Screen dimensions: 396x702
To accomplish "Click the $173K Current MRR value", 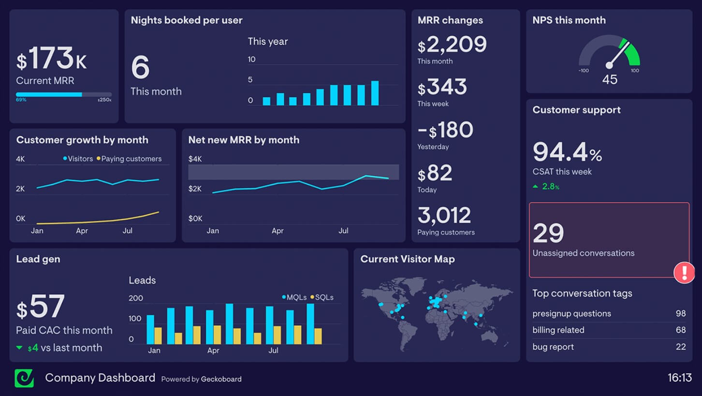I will point(52,59).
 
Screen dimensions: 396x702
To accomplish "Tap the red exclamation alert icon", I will point(684,273).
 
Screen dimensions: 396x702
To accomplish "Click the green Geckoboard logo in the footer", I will point(24,378).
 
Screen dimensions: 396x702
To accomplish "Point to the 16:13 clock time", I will point(679,378).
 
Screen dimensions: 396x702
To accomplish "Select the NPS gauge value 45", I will point(610,79).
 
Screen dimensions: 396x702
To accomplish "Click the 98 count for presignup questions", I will point(681,313).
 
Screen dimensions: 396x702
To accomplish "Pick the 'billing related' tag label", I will point(558,330).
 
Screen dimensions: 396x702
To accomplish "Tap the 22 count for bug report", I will point(681,347).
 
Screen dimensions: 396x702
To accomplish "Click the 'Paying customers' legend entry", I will point(131,159).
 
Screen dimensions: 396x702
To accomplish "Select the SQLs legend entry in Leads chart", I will point(323,297).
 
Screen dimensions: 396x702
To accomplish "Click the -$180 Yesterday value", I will point(445,131).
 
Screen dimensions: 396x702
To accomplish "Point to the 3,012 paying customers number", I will point(444,216).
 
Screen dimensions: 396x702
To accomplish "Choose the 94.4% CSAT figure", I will point(567,152).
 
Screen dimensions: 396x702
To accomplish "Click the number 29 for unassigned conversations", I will point(548,233).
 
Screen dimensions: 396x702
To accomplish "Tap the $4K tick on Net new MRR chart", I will point(195,159).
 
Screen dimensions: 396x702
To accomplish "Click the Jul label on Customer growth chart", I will point(127,231).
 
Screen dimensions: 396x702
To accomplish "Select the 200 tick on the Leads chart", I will point(136,298).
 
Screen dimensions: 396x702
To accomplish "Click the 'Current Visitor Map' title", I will point(408,259).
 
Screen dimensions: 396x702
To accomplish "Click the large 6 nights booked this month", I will point(140,68).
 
